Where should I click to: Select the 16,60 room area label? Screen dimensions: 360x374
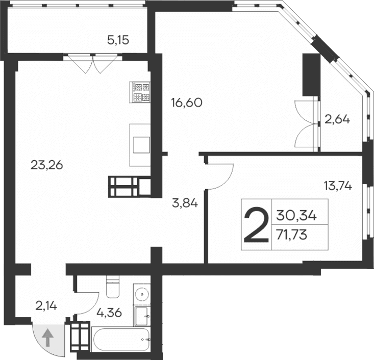187,102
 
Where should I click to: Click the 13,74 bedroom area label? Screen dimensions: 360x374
337,186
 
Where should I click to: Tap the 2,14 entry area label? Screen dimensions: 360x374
46,306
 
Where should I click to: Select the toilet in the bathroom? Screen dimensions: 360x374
111,287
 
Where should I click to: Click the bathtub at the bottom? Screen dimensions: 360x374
121,340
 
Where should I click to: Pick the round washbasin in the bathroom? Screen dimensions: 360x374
141,295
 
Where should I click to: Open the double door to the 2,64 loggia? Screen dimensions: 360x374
306,124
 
